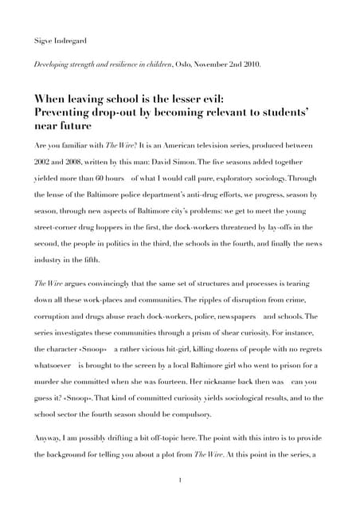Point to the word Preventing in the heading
(65, 112)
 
